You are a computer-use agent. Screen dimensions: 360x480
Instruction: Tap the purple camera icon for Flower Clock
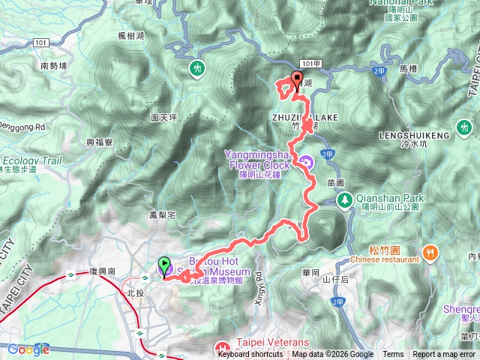(306, 161)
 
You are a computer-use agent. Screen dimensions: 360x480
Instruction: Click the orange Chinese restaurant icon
(430, 251)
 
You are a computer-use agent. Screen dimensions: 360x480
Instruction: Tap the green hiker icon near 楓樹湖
(196, 67)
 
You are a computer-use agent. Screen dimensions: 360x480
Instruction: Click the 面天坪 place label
(163, 118)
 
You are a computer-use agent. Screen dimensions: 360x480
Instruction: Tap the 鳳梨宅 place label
(162, 215)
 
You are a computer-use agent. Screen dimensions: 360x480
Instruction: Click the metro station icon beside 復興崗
(69, 274)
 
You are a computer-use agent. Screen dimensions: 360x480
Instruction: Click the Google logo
(28, 349)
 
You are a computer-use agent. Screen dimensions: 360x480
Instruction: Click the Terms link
(393, 355)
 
